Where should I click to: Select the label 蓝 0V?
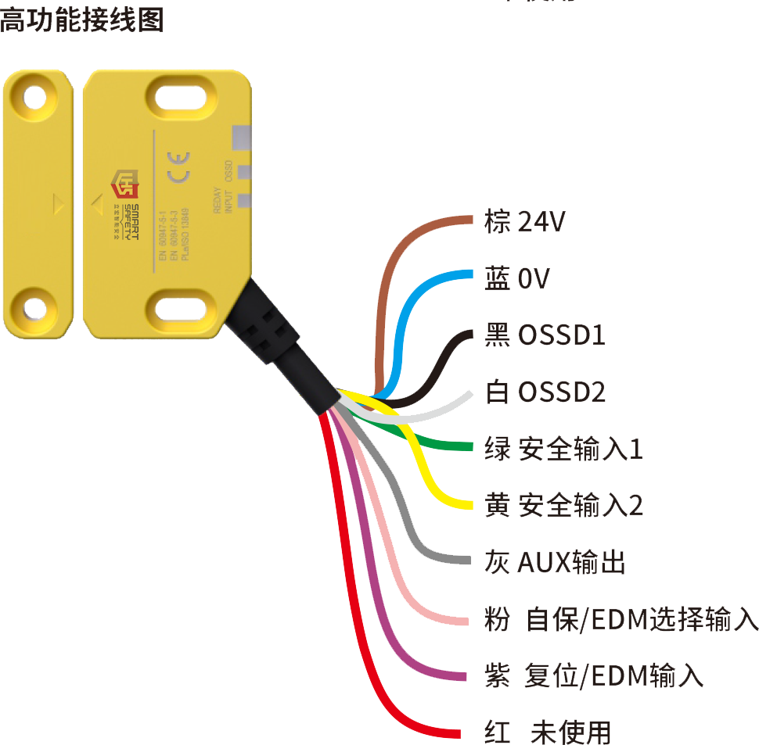click(517, 277)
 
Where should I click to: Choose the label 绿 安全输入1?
click(560, 449)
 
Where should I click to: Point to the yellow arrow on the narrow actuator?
click(57, 204)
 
